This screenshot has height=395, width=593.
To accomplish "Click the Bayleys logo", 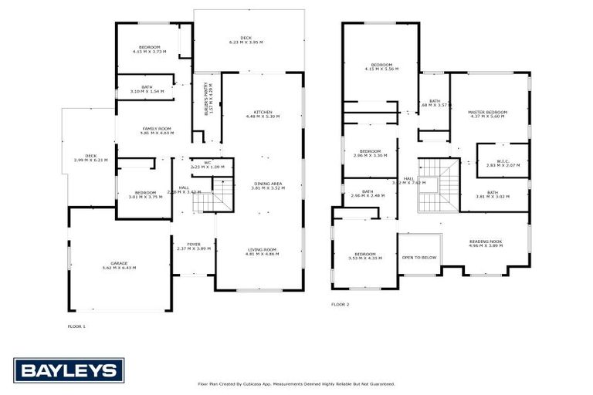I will [x=69, y=370].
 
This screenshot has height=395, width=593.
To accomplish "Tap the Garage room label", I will [x=118, y=265].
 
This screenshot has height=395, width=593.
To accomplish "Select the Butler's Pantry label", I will [x=207, y=100].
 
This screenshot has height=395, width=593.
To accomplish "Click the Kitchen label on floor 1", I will [x=263, y=114].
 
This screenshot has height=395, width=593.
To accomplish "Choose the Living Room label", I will [x=263, y=252].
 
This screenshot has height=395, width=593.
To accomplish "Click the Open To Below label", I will [x=419, y=258].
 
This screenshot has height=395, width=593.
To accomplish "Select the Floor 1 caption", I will [x=76, y=326].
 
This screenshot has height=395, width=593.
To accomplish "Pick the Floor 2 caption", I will [x=341, y=305].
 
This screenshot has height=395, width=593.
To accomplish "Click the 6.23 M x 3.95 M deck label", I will [x=246, y=40].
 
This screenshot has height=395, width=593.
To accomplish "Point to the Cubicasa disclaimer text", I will [x=296, y=383].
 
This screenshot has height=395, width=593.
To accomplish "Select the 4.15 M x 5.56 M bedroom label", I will [x=381, y=66].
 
